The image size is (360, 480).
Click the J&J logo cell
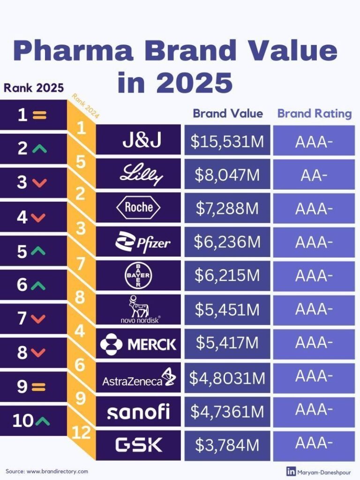(x=138, y=139)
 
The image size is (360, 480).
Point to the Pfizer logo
(x=142, y=242)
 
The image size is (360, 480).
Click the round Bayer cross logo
(x=138, y=276)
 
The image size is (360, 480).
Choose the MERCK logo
(x=138, y=344)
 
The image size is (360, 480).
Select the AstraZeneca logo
(x=138, y=378)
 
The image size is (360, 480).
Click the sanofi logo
(x=138, y=412)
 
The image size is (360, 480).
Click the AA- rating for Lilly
(x=314, y=175)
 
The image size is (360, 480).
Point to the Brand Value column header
(x=228, y=114)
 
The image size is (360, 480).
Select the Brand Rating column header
(x=315, y=114)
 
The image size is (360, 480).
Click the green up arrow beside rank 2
(x=40, y=149)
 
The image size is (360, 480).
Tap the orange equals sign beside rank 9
(x=39, y=387)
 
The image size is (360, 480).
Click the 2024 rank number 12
(x=82, y=433)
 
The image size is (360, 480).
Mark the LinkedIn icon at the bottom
(x=291, y=471)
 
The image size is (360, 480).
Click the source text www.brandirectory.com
(x=58, y=471)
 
